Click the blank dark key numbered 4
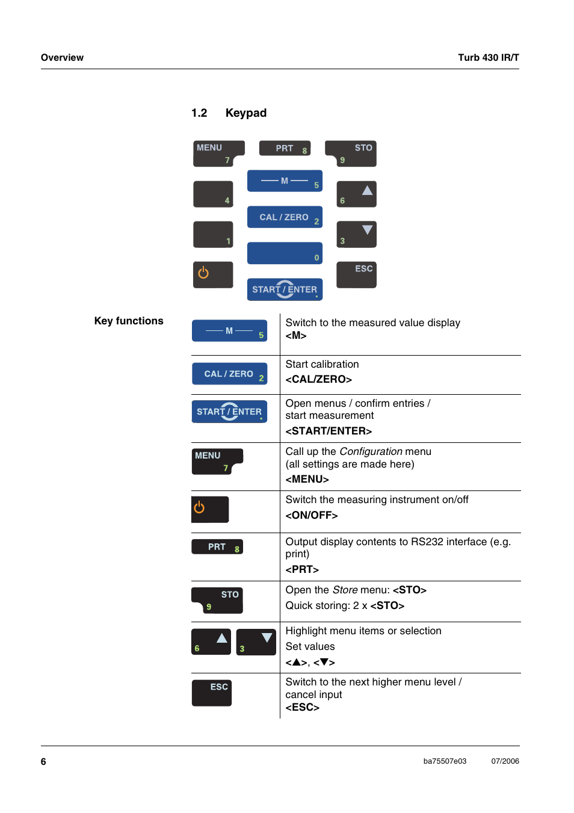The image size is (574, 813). click(213, 194)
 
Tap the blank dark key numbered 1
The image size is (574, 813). click(213, 234)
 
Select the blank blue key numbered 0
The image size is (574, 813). click(285, 253)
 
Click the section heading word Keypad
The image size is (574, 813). click(245, 113)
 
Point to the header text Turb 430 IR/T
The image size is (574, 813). click(488, 58)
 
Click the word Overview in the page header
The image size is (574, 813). click(62, 58)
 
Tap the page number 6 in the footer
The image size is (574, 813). click(43, 761)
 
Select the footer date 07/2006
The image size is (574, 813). click(505, 761)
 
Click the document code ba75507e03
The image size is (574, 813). click(445, 761)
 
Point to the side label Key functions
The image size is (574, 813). click(129, 321)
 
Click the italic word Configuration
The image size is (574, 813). click(371, 451)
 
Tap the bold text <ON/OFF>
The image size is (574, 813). click(311, 515)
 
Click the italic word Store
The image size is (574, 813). click(345, 590)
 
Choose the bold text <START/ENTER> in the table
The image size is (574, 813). click(329, 431)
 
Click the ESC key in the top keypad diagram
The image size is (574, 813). click(356, 274)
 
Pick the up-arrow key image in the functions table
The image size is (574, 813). click(211, 641)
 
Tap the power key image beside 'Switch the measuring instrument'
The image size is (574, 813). click(210, 509)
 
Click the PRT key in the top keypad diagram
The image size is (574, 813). click(285, 148)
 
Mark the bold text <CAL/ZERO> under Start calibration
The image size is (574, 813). click(318, 379)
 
